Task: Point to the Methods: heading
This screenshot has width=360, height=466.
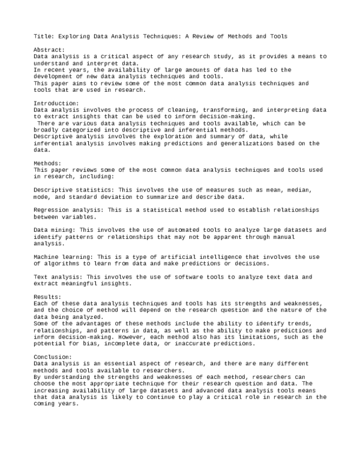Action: coord(47,163)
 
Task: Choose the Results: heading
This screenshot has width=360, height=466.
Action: coord(47,297)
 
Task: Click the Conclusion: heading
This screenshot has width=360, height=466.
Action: coord(53,357)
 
